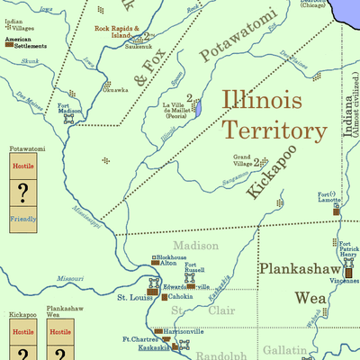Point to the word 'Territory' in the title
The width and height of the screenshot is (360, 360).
coord(274,130)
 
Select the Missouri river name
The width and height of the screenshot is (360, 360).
coord(70,279)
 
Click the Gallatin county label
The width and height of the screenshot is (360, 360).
coord(285,348)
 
